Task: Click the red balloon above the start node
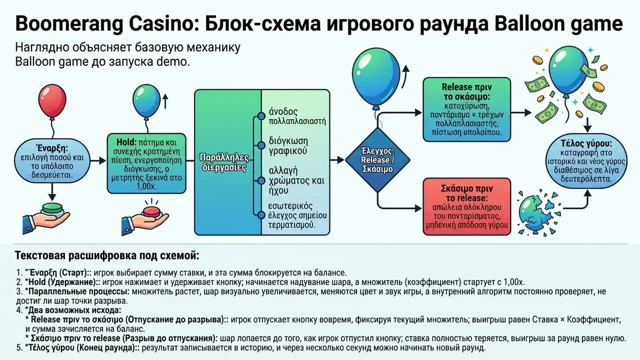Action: (x=52, y=101)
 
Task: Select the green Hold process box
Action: (x=146, y=163)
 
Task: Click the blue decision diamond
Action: (x=377, y=159)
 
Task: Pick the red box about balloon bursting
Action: (x=466, y=206)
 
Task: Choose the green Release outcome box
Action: (x=466, y=109)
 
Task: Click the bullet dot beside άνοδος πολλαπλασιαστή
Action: (x=261, y=116)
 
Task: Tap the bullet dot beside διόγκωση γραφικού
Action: (x=261, y=145)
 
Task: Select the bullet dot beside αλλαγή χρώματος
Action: (x=261, y=180)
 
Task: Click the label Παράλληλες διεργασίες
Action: (x=224, y=162)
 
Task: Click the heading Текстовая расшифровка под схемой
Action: (x=107, y=255)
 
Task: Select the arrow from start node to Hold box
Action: (x=98, y=160)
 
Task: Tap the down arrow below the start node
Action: (x=52, y=192)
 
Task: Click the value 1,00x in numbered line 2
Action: (x=514, y=282)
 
